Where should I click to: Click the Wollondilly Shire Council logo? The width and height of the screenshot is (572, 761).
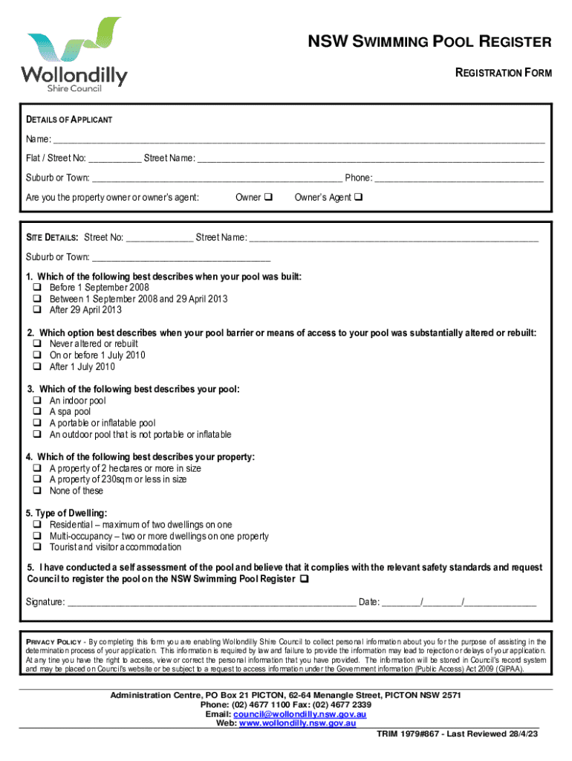click(x=74, y=56)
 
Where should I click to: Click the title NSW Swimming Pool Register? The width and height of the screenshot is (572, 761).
click(x=430, y=42)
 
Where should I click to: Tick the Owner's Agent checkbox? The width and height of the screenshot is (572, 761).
click(x=358, y=198)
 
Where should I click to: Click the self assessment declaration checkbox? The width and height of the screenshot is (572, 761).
click(x=304, y=579)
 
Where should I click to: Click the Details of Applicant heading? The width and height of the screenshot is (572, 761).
click(x=69, y=120)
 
